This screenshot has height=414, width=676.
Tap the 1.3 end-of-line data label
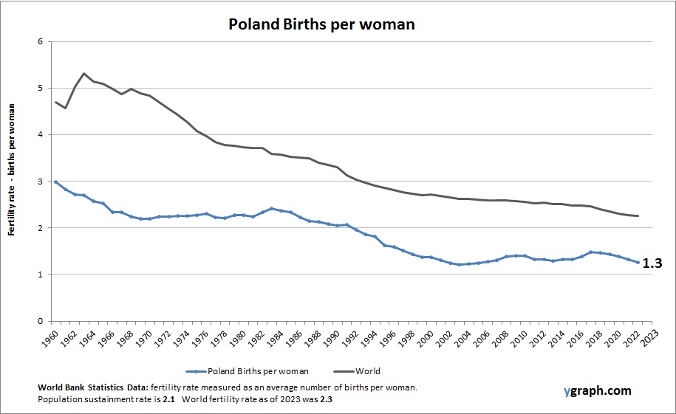(x=652, y=262)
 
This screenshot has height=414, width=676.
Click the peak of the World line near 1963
(x=83, y=73)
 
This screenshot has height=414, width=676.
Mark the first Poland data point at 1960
(x=55, y=182)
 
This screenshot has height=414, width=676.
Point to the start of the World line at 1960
(x=55, y=102)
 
